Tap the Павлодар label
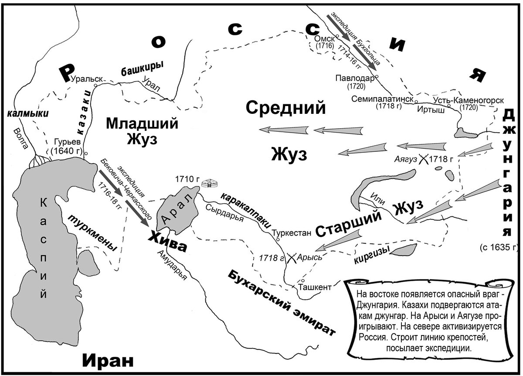point(355,79)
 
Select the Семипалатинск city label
point(383,99)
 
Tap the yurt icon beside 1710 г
point(211,183)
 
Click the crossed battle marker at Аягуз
point(423,159)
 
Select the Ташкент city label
point(315,287)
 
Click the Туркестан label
point(292,233)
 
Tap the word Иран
point(107,360)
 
